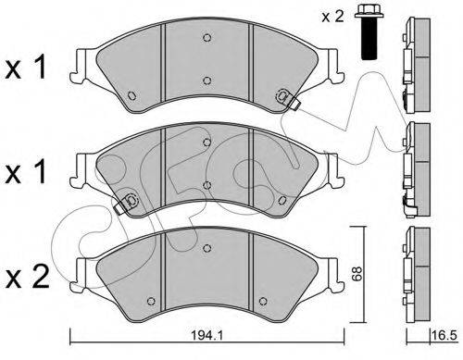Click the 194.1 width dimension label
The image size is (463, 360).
pyautogui.click(x=206, y=335)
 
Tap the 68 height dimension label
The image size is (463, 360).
pyautogui.click(x=357, y=274)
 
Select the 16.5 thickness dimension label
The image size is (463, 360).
pyautogui.click(x=444, y=335)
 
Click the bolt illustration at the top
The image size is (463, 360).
pyautogui.click(x=369, y=31)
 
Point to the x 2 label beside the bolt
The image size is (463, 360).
pyautogui.click(x=332, y=17)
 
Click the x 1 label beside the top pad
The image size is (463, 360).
pyautogui.click(x=26, y=67)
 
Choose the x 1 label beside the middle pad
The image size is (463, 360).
pyautogui.click(x=26, y=171)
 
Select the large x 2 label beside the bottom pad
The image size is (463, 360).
pyautogui.click(x=27, y=277)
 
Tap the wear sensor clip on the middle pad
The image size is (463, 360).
pyautogui.click(x=126, y=204)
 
